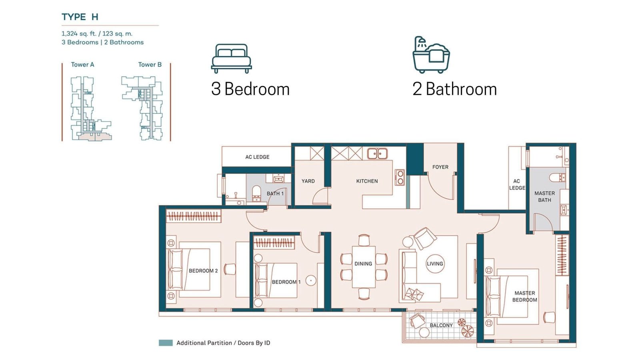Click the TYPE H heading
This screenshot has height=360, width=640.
(x=80, y=17)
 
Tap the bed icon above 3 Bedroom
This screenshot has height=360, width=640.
(x=232, y=58)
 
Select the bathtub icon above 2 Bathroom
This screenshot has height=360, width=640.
(x=431, y=55)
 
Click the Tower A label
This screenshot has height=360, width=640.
(x=82, y=64)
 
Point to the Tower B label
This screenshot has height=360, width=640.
(x=150, y=64)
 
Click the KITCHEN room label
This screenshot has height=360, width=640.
(x=367, y=181)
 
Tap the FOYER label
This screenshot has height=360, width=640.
(x=440, y=167)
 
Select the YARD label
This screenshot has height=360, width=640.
(x=308, y=181)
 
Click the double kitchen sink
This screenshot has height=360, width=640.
(x=377, y=154)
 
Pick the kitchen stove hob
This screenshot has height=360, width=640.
(x=400, y=177)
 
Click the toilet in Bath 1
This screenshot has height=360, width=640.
(x=256, y=193)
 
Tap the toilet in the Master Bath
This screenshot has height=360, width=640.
(x=557, y=178)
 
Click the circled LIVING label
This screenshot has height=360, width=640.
(x=435, y=264)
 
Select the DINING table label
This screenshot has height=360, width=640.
(x=364, y=264)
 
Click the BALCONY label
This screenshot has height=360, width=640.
(x=441, y=326)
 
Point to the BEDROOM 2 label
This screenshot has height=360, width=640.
(x=203, y=271)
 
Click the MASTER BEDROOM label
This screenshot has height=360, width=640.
(x=524, y=296)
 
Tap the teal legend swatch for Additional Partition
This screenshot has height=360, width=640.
(x=166, y=343)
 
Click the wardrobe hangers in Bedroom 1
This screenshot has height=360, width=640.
(x=274, y=242)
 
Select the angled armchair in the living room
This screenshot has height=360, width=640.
(x=424, y=238)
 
